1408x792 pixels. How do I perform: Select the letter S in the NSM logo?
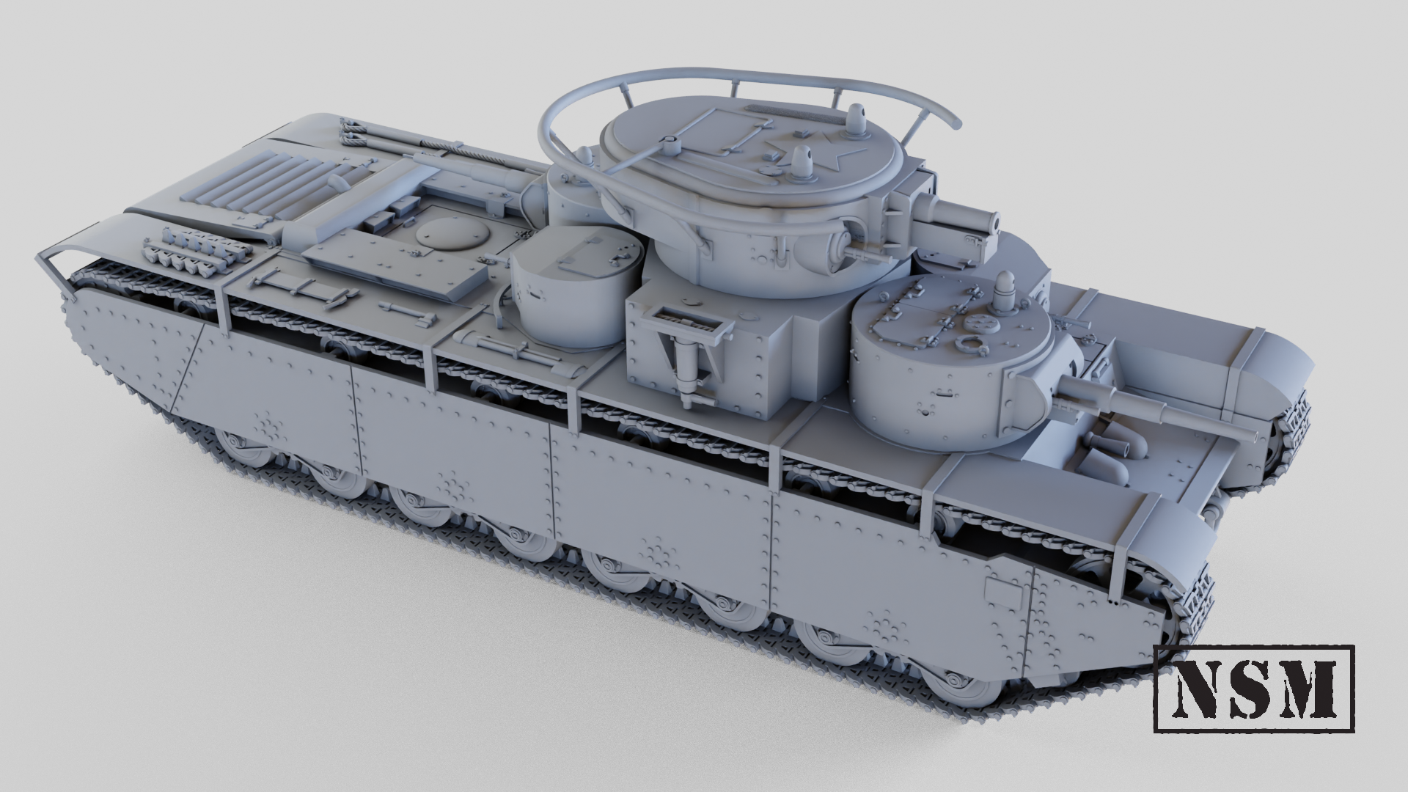click(1246, 689)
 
